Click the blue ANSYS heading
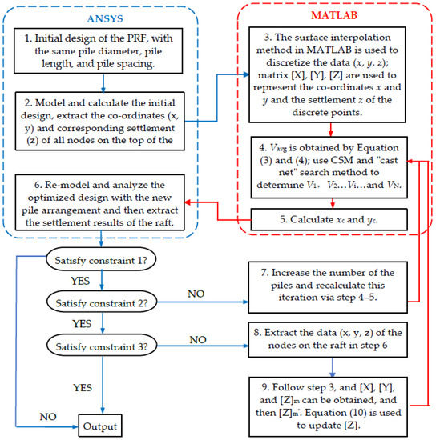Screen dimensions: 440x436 102,18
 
